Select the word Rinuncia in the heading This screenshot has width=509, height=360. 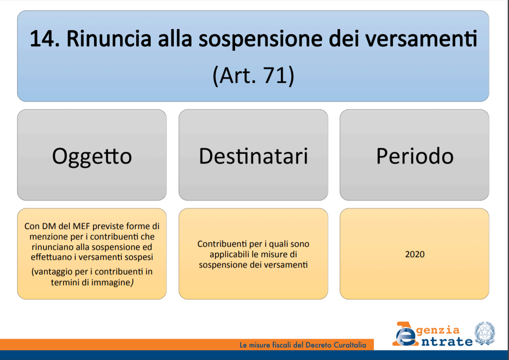(x=109, y=39)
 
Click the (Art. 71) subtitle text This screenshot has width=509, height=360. (x=253, y=76)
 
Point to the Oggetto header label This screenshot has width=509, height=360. (x=92, y=156)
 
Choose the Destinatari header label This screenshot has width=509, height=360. (x=253, y=156)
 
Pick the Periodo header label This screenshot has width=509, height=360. (x=415, y=156)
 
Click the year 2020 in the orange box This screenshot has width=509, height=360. (x=415, y=254)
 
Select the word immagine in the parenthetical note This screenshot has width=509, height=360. (x=111, y=282)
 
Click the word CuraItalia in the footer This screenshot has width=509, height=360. (x=350, y=345)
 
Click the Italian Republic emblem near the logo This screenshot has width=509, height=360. (x=485, y=333)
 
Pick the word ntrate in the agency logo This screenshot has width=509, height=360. (x=447, y=341)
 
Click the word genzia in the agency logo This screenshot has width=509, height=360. (x=438, y=331)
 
